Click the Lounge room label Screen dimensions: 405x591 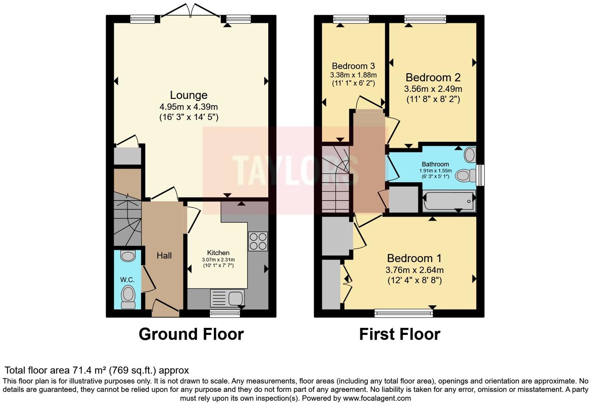[189, 95]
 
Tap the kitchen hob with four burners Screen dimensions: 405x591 [258, 241]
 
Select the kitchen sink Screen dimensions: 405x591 [227, 299]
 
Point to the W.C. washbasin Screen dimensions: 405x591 [128, 256]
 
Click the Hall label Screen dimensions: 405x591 [164, 256]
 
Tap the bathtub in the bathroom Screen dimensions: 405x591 [449, 201]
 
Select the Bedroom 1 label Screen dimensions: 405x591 [414, 258]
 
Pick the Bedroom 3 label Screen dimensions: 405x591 [353, 66]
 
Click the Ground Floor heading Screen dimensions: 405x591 [191, 334]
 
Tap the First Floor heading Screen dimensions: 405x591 [399, 334]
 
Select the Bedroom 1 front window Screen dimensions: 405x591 [403, 312]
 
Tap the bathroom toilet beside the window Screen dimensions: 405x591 [466, 175]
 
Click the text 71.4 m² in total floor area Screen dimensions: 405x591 [89, 370]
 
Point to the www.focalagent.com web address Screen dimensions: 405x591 [377, 398]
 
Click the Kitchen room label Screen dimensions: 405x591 [218, 253]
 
